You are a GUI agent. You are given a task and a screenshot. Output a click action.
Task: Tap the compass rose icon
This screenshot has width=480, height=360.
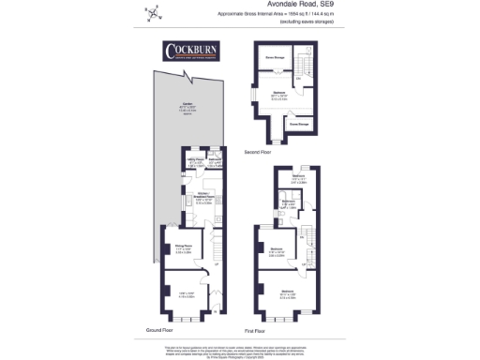[153, 13]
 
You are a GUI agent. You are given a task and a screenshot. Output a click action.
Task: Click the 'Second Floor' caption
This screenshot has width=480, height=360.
[258, 150]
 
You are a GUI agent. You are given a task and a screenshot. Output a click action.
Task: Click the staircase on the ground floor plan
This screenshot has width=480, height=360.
[213, 246]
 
